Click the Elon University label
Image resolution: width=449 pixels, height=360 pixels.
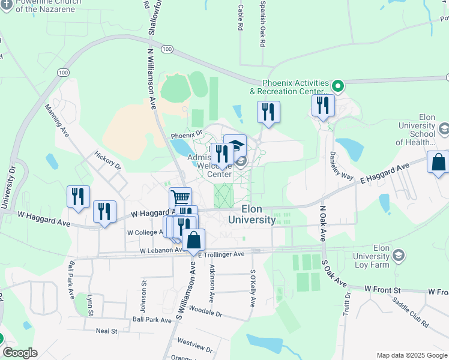point(252,214)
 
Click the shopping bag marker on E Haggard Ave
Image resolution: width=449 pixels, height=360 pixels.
point(438,162)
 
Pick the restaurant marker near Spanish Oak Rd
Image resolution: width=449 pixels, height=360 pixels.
point(268,112)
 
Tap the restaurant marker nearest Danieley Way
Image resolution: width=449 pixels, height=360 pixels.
point(323,106)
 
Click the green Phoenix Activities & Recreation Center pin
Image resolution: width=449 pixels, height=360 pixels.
point(337,86)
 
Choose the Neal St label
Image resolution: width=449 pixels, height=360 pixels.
point(106,331)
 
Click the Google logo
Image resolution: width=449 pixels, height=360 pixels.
point(20,353)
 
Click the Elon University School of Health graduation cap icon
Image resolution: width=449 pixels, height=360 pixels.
point(444,128)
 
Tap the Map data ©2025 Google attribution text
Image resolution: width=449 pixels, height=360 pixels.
point(411,355)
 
